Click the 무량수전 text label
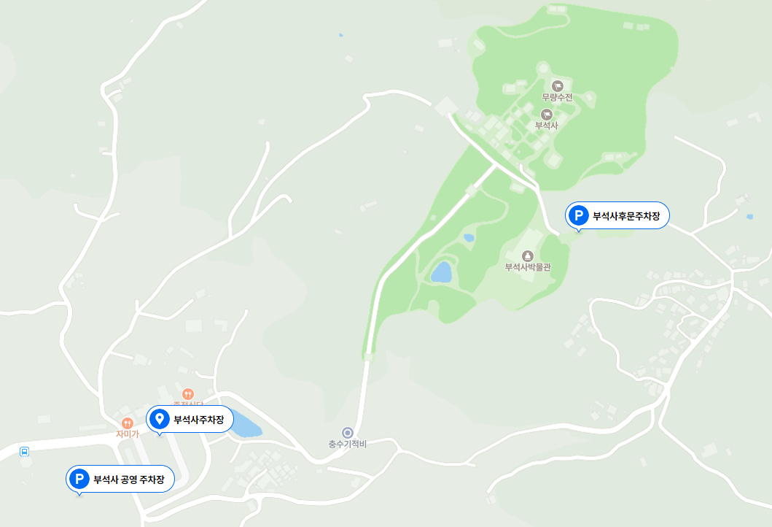[557, 97]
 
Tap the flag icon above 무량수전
[558, 86]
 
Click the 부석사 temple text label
[546, 126]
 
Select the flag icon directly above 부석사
[546, 114]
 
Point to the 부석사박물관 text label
[528, 267]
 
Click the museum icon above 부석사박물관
[528, 255]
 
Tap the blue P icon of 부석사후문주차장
[579, 215]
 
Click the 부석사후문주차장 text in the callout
[626, 216]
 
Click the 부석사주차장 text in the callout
[198, 420]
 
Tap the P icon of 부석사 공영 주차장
[79, 479]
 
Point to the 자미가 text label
[127, 434]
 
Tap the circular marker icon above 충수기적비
[348, 432]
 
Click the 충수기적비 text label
[347, 444]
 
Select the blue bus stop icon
[25, 452]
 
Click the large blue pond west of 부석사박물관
[441, 272]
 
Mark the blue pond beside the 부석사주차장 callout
[246, 426]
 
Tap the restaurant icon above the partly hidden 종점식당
[188, 394]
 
